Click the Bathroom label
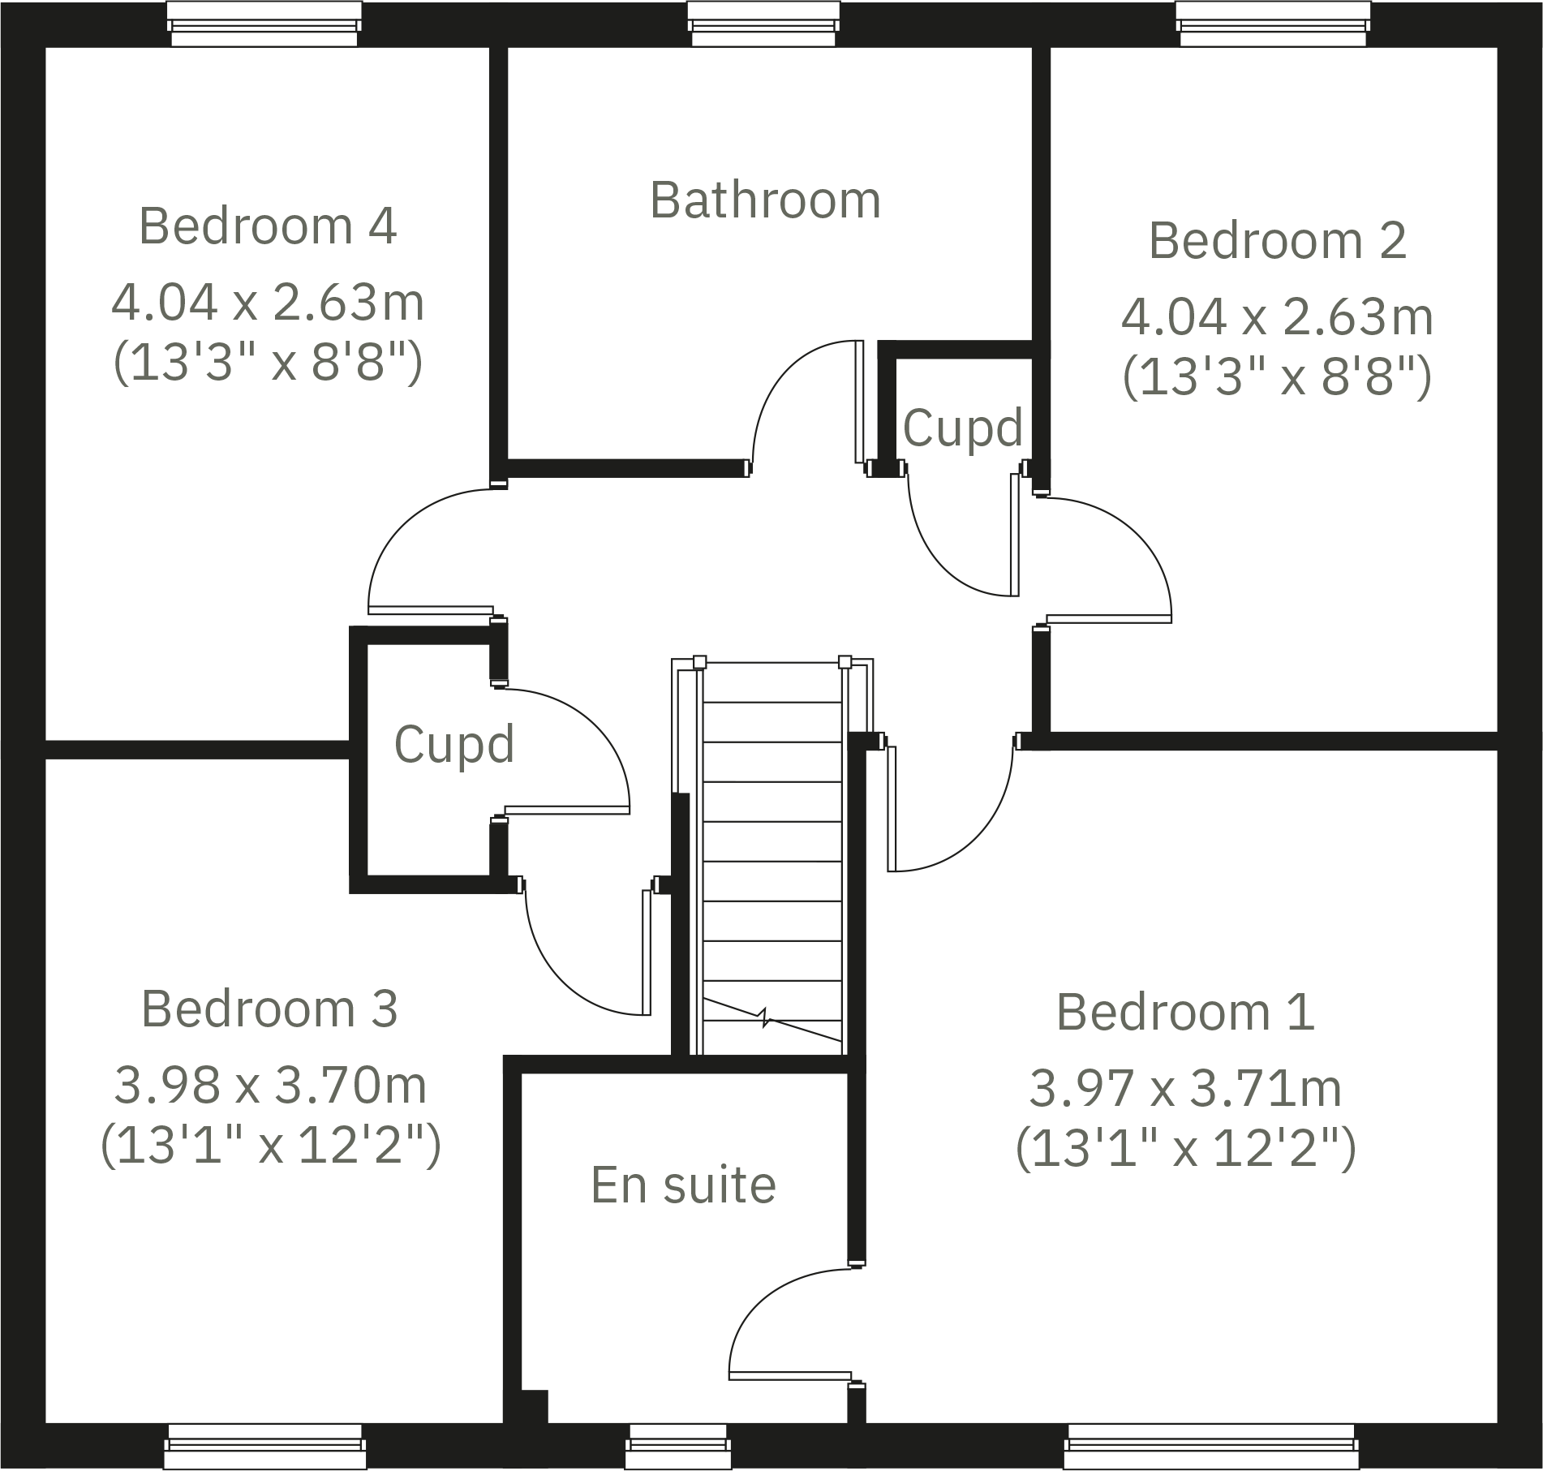(x=765, y=200)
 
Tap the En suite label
(x=683, y=1185)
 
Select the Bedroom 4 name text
(x=268, y=226)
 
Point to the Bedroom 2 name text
(x=1277, y=241)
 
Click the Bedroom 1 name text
(x=1184, y=1012)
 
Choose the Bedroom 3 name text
(x=269, y=1009)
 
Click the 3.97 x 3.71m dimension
(x=1185, y=1089)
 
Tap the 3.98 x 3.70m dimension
(x=270, y=1086)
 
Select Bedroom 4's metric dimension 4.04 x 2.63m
(x=268, y=303)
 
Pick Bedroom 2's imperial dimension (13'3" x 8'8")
(x=1277, y=378)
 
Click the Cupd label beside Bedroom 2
(x=962, y=428)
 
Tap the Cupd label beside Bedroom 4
(x=454, y=744)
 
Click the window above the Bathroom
(x=763, y=24)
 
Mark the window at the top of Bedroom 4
(x=264, y=24)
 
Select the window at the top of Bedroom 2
(x=1273, y=24)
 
